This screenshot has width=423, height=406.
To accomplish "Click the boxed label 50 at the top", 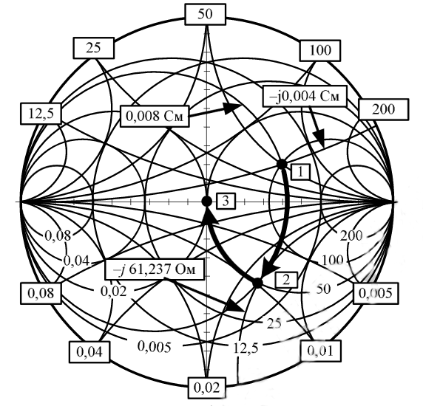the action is coord(205,14).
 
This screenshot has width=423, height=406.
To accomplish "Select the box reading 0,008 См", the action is coord(155,117).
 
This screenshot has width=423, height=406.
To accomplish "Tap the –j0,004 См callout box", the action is coord(305,96).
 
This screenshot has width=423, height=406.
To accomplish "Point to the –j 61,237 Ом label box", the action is coord(155,269).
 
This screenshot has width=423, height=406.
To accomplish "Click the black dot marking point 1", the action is coord(282,164).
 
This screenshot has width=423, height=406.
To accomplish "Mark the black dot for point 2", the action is coord(257,283).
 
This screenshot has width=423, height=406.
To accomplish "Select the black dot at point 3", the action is coord(206,201).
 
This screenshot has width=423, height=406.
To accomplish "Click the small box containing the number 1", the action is coord(300,172).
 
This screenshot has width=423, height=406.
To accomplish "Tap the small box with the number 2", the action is coord(286,280).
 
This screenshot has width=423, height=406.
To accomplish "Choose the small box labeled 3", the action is coord(226,201).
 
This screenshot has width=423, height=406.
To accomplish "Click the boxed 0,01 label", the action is coord(320,351).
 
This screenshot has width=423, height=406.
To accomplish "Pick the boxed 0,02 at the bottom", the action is coord(206,388).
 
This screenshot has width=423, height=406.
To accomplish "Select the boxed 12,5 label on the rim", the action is coord(41,114).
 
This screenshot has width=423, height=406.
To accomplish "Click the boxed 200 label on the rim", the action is coord(383,109).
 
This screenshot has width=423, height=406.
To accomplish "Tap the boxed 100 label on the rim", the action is coord(320,50).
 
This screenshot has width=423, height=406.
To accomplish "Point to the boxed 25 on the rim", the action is coord(93,48).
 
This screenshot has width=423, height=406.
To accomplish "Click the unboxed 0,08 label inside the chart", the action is coord(58,235).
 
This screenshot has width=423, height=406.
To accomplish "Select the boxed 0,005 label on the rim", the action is coord(376,293).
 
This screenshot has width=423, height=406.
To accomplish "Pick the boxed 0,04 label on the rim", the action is coord(89,352).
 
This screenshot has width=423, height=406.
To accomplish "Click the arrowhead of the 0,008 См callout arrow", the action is coord(232,108).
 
